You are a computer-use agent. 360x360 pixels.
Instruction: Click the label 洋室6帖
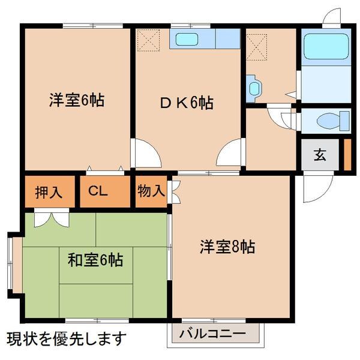(x=77, y=100)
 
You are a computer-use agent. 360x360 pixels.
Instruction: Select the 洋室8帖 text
(x=227, y=247)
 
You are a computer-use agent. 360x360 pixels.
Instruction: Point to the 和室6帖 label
(x=95, y=260)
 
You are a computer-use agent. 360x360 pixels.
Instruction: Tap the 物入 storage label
(x=151, y=191)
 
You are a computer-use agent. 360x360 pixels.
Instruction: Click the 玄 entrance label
(x=320, y=155)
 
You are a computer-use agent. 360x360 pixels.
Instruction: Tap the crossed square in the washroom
(x=256, y=43)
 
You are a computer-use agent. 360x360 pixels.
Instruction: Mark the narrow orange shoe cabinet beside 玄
(x=347, y=154)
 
